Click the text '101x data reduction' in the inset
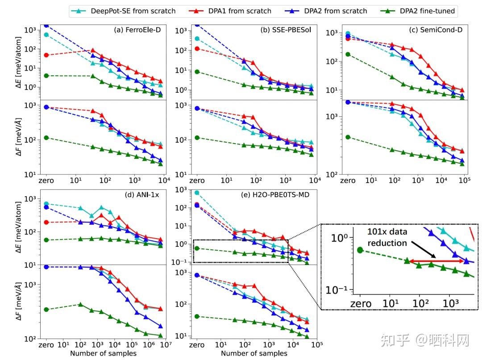tap(387, 237)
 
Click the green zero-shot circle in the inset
tap(360, 250)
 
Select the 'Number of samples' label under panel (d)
tap(103, 354)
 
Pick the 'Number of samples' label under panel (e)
tap(254, 354)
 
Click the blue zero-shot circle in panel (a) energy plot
tap(46, 26)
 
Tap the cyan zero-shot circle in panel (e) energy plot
tap(196, 193)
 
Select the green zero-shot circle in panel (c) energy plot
tap(348, 54)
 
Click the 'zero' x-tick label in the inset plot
tap(361, 304)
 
